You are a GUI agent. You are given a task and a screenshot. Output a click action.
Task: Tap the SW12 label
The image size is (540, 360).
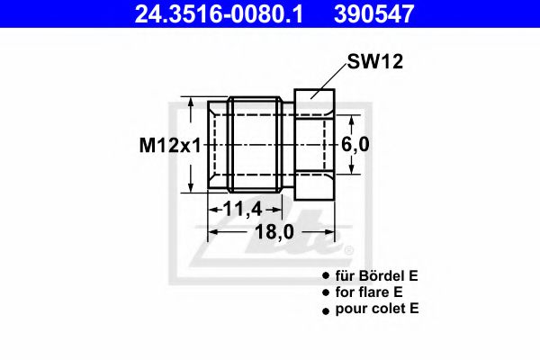coord(373,62)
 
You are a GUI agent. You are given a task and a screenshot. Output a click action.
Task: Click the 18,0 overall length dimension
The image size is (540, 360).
coord(275,232)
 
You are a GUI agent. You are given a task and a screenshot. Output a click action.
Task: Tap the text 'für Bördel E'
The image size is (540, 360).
coord(377,277)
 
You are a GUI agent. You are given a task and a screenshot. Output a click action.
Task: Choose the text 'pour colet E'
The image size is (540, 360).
coord(376,309)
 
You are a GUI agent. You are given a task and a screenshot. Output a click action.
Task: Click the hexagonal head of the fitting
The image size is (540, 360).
coord(314,144)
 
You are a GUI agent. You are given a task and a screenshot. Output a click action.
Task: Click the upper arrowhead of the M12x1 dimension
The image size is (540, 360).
coord(190,102)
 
